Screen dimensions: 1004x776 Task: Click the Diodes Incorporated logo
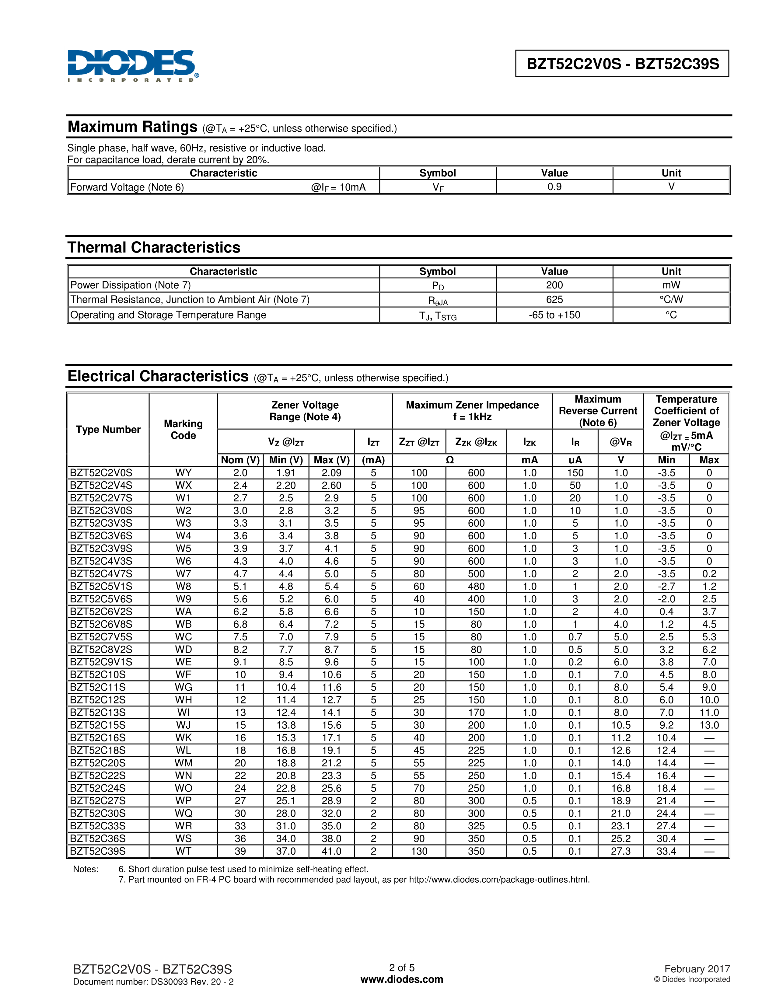coord(133,66)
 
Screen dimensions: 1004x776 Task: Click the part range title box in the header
coord(622,64)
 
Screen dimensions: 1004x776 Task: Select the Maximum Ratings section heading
coord(132,127)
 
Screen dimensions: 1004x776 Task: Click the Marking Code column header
coord(183,429)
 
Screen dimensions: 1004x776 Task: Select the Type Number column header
coord(108,429)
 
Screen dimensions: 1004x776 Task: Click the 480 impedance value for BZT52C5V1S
coord(476,586)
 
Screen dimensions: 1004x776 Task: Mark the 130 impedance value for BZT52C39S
coord(419,851)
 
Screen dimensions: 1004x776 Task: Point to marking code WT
coord(183,851)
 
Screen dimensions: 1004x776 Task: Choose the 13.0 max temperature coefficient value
coord(709,725)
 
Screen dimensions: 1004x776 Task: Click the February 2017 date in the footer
coord(697,969)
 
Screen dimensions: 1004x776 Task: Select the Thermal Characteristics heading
coord(154,247)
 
